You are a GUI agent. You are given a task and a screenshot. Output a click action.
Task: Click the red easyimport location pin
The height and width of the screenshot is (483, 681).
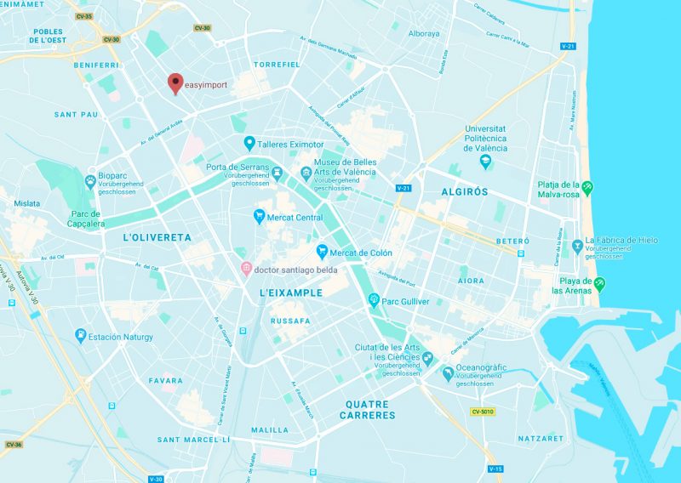pos(175,82)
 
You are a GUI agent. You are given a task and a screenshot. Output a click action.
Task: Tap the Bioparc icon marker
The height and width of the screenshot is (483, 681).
pos(90,179)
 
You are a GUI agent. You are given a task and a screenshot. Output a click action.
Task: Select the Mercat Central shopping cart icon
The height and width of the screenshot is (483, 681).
pos(260,217)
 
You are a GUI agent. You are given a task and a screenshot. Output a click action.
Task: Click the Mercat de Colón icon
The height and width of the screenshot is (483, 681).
pos(322,251)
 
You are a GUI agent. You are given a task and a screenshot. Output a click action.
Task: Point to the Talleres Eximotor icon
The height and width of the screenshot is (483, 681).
pos(249,144)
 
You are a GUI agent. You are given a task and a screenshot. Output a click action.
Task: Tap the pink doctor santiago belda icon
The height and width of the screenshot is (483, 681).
pos(246,270)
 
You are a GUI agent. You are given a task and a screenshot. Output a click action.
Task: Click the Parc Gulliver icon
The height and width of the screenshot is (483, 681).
pos(373,300)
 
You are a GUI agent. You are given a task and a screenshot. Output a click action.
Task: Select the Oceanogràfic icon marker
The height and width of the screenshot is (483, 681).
pos(448,372)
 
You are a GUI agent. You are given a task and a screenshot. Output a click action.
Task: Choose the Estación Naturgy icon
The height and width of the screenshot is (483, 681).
pos(81,336)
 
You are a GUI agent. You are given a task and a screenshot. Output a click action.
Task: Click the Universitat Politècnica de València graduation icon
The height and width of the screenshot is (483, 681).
pos(485,160)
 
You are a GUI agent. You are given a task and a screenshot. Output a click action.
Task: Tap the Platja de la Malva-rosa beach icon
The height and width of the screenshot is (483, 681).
pos(587,187)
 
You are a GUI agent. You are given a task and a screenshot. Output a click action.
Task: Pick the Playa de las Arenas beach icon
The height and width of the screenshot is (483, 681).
pos(599,282)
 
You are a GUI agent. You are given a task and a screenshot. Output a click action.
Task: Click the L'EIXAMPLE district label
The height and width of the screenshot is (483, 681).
pos(291,293)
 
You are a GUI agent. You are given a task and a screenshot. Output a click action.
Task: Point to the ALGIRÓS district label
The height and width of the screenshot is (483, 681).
pos(465,192)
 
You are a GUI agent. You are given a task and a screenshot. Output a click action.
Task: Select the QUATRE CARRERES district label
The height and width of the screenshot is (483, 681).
pos(368,410)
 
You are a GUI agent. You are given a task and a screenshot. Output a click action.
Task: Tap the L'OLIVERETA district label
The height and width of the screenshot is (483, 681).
pos(157,237)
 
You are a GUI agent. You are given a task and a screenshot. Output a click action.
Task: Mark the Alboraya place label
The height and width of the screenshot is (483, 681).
pos(424,34)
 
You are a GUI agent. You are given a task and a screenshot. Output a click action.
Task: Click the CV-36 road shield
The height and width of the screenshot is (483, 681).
pos(13,445)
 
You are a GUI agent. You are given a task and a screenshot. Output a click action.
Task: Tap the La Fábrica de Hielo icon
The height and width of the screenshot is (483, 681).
pos(578,245)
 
